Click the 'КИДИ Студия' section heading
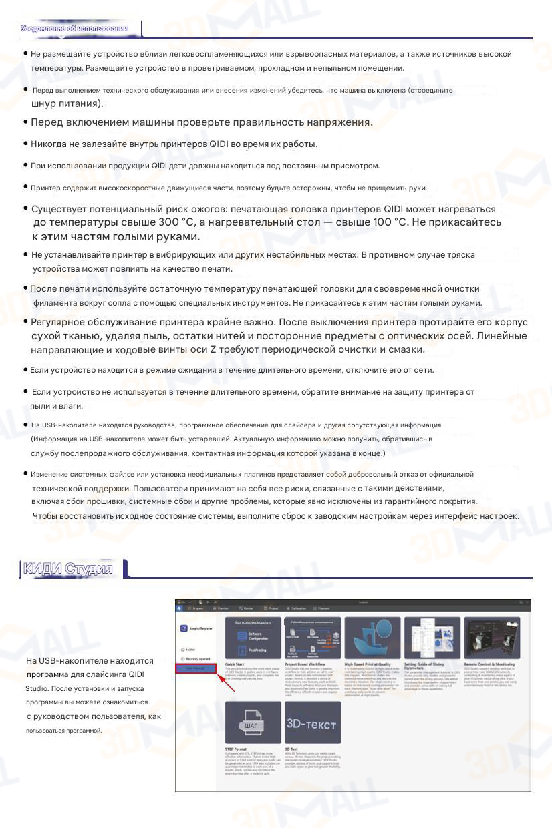coord(67,569)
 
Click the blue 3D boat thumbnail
coord(372,638)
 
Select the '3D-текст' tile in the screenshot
coord(311,724)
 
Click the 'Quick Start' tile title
coord(235,665)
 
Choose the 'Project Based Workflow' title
coord(305,665)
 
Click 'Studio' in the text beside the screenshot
coord(36,688)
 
